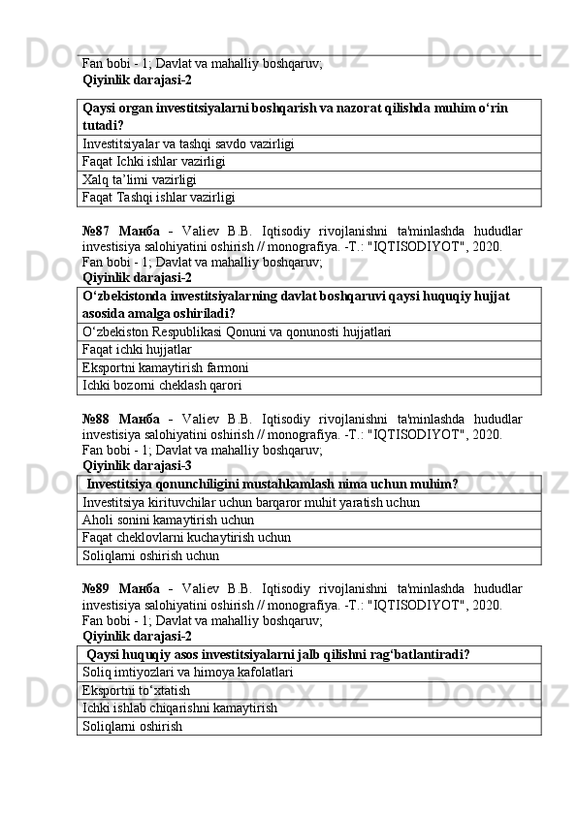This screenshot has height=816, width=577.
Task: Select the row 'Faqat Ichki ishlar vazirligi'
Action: point(155,162)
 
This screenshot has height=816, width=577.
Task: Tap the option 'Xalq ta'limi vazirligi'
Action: point(141,179)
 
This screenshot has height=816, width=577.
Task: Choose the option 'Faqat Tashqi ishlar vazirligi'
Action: point(159,197)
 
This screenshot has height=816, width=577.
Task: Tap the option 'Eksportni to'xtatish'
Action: point(137,690)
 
